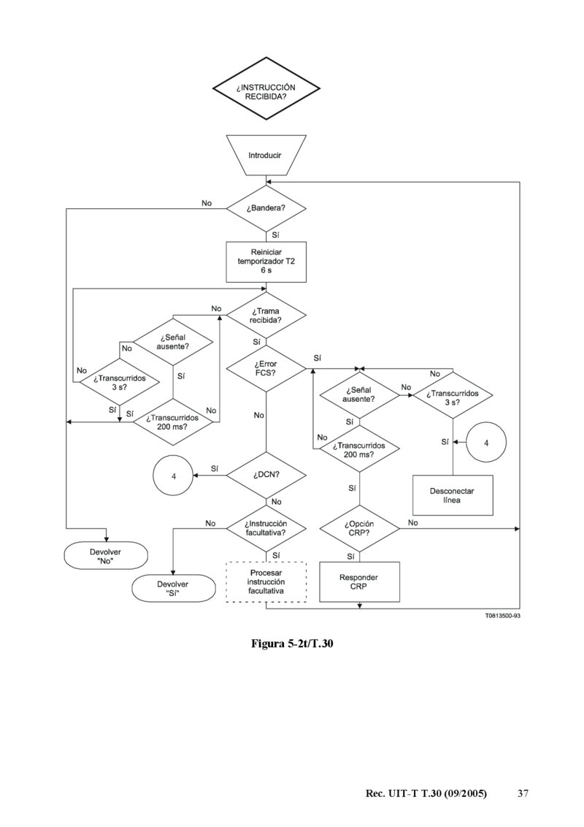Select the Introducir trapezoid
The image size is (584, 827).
(x=265, y=156)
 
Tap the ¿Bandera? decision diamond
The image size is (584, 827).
(x=266, y=208)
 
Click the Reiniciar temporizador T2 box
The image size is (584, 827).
(x=266, y=261)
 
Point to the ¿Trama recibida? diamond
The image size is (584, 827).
(x=266, y=316)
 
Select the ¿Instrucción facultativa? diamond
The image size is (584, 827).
(x=266, y=529)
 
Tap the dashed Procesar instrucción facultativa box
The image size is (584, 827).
(x=266, y=581)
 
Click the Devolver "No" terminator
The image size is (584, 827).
(x=105, y=557)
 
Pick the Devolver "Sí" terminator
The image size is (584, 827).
(x=173, y=589)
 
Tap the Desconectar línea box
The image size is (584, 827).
(x=453, y=495)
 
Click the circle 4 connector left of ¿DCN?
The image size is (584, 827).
(x=174, y=476)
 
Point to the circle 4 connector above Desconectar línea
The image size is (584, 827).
(x=485, y=442)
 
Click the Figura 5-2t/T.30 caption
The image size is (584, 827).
(x=292, y=644)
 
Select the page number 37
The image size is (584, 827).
(x=523, y=793)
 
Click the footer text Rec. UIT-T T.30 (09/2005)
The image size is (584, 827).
(x=426, y=793)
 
